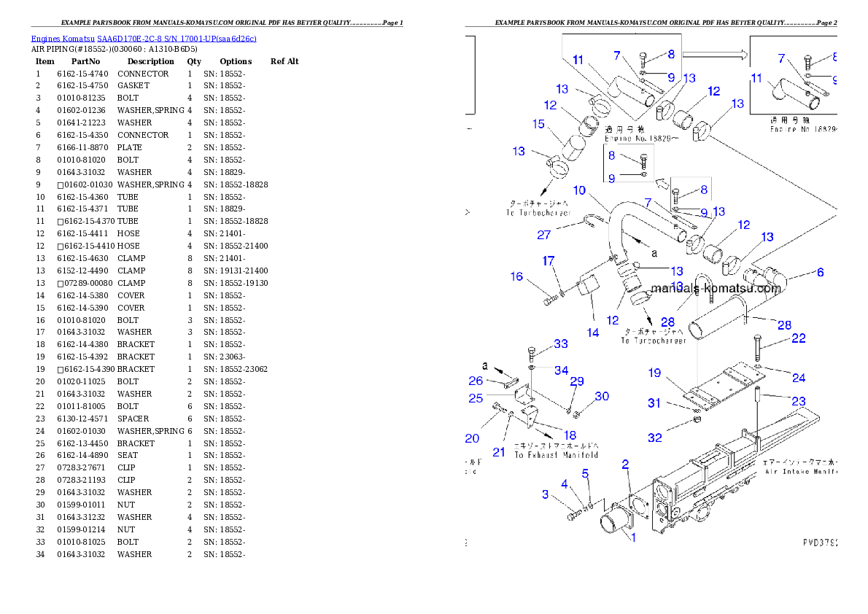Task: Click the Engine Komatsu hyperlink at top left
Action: coord(144,39)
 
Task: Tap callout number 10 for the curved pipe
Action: coord(579,190)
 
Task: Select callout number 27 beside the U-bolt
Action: coord(544,235)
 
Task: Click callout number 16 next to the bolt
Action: coord(516,276)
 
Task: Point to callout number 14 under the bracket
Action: coord(593,333)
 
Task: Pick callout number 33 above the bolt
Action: coord(560,343)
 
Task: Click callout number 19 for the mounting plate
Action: coord(654,373)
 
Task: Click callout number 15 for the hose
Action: coord(538,124)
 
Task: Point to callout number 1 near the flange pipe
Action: coord(632,537)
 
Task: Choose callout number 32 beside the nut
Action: coord(654,438)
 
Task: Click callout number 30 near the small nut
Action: coord(601,396)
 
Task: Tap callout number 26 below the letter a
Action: coord(476,380)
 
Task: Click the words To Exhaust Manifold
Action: coord(556,454)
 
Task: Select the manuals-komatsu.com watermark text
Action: coord(716,288)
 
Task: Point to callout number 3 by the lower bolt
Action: coord(545,494)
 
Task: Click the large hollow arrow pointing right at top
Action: coord(715,54)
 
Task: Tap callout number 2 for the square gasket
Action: coord(625,464)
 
